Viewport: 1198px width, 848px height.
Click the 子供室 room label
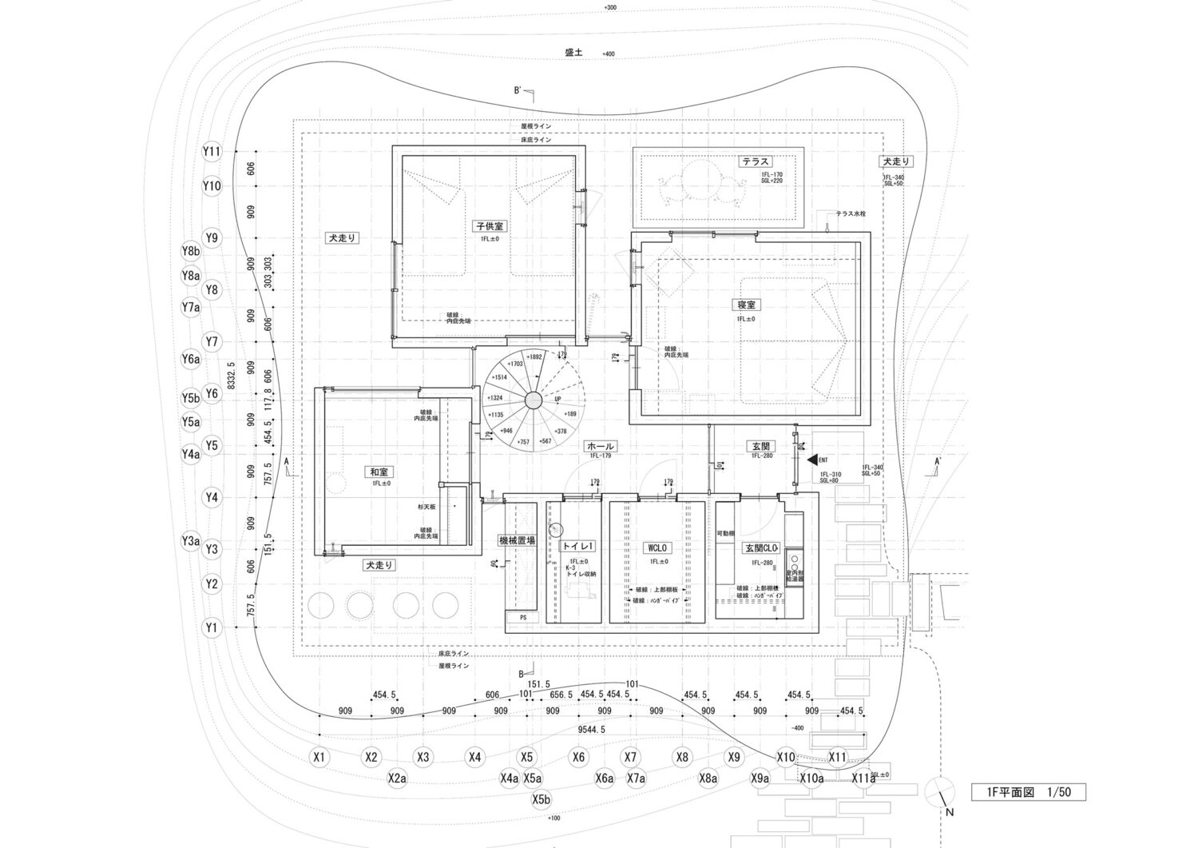point(490,227)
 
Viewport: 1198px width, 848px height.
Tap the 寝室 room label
point(747,305)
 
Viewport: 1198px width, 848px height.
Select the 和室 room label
point(381,472)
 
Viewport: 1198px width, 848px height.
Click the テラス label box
point(755,161)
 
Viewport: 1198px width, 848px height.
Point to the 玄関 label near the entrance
point(759,446)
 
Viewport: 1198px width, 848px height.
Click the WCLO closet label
point(658,548)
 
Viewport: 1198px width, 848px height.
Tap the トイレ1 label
point(578,547)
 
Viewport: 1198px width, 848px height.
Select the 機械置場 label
point(517,540)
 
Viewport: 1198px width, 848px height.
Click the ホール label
point(601,446)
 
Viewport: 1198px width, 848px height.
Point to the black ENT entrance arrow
point(812,460)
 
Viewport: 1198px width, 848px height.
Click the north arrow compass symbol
point(941,792)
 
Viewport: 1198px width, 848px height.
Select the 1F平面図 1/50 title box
point(1028,792)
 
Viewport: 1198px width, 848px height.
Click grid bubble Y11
point(211,151)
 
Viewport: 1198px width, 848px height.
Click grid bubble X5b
point(541,799)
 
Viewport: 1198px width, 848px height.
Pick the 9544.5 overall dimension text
point(591,729)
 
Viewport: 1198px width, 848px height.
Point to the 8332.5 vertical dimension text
point(231,376)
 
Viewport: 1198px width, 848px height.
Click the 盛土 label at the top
point(573,52)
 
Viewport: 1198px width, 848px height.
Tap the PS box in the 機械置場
point(523,617)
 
